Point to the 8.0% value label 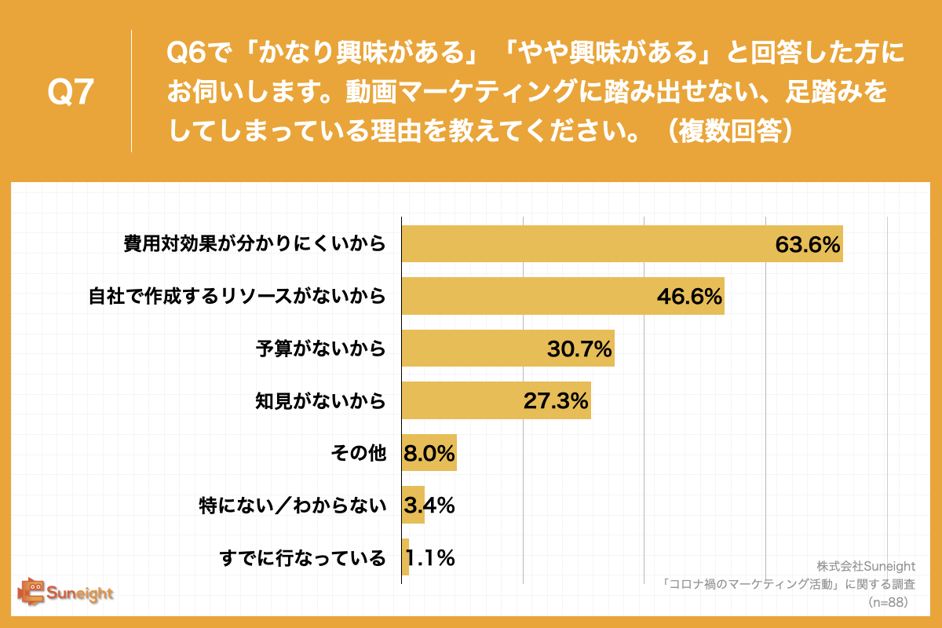point(429,454)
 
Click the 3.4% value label point(429,506)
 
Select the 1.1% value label point(430,558)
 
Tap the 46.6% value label point(688,297)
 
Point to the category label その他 point(357,454)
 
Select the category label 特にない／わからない point(293,506)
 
